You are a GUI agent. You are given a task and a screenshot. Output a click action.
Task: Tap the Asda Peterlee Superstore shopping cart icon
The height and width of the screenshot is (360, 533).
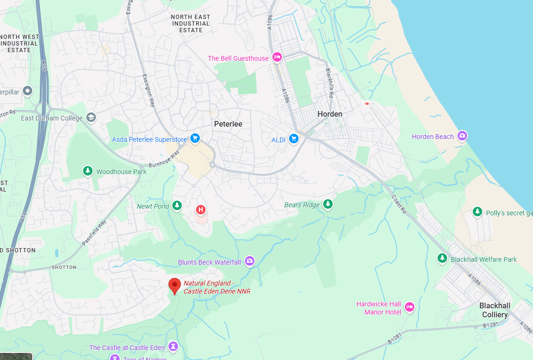point(195,138)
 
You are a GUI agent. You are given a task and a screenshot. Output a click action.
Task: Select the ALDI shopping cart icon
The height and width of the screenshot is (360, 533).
point(294,139)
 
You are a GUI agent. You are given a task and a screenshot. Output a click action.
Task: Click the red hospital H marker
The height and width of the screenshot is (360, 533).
point(201,209)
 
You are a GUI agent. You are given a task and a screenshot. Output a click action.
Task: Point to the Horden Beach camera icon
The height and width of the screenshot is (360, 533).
point(462,136)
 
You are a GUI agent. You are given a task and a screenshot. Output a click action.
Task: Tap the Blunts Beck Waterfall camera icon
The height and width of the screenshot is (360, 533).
point(250,261)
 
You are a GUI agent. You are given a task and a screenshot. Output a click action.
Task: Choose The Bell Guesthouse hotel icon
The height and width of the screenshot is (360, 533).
point(277,57)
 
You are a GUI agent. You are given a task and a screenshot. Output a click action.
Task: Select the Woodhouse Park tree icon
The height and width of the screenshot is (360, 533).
point(87,171)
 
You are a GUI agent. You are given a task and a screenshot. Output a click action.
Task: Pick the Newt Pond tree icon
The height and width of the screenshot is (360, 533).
point(177,205)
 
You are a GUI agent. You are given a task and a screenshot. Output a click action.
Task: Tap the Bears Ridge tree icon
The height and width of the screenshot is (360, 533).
point(328,204)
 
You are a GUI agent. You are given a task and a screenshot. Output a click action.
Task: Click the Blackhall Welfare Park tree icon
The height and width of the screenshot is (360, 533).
point(442,258)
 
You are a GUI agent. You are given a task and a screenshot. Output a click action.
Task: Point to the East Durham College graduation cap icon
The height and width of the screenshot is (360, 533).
point(91,118)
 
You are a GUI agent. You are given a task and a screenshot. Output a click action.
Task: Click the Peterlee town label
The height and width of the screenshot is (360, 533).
point(228,124)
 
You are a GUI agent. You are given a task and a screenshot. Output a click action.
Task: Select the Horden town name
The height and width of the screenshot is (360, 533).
point(330,114)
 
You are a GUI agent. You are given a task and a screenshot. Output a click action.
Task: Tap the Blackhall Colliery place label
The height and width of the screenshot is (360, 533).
point(495,310)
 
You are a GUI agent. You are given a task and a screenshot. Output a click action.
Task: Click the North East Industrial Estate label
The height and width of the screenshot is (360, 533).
point(191,23)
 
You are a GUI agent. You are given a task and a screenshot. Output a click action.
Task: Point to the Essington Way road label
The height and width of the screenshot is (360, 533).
point(150,90)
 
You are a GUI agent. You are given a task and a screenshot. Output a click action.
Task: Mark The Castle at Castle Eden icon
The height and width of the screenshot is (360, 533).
point(173,347)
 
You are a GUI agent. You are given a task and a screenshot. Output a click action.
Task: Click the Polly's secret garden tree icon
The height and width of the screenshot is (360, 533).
point(477,212)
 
